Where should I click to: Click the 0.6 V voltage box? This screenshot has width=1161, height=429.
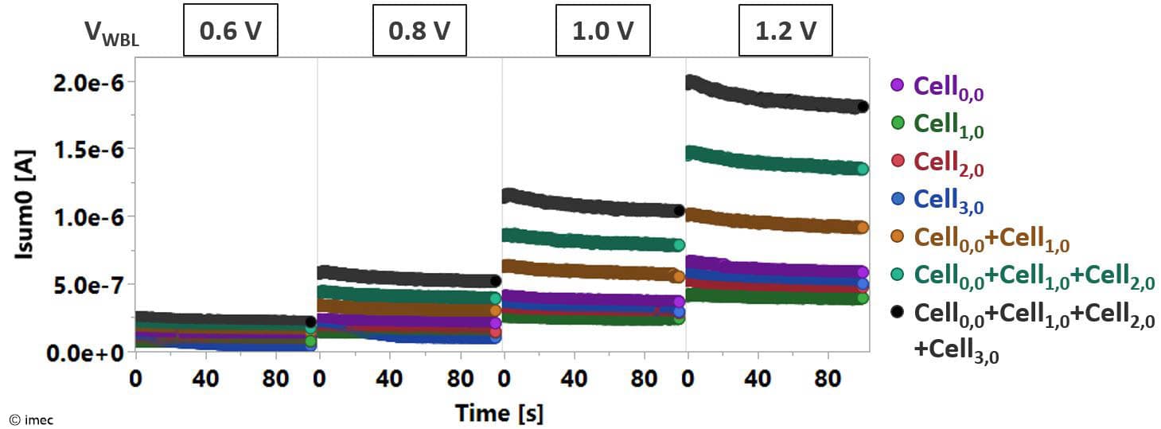click(x=231, y=32)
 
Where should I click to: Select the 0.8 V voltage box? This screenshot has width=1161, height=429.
click(x=419, y=32)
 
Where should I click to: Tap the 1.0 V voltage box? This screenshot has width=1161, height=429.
click(x=603, y=32)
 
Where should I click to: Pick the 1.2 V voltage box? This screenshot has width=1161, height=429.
click(x=785, y=32)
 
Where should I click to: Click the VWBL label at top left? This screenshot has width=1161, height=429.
click(x=111, y=33)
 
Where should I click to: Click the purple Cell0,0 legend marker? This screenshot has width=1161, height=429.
click(x=898, y=85)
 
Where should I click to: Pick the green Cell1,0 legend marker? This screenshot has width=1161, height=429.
click(x=898, y=123)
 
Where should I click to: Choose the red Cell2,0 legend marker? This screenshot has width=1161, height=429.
click(x=898, y=162)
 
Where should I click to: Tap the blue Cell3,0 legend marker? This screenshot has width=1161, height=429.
click(x=898, y=199)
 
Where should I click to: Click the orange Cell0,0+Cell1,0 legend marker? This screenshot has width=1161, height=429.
click(x=898, y=237)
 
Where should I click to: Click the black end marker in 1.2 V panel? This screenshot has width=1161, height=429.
click(x=863, y=107)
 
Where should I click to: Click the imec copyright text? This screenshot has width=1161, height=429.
click(x=32, y=419)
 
